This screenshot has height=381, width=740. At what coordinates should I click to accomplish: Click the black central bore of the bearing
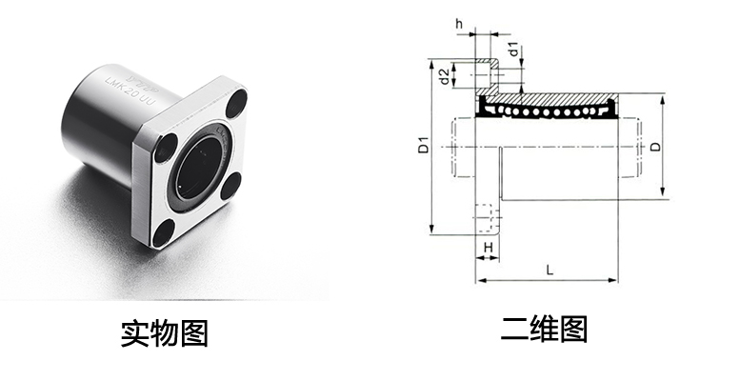(196, 170)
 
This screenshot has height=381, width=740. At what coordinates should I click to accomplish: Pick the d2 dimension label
(444, 74)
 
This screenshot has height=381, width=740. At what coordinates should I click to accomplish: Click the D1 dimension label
(425, 148)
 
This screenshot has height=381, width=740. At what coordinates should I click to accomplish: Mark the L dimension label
(550, 269)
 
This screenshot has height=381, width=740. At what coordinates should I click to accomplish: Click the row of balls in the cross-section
(548, 111)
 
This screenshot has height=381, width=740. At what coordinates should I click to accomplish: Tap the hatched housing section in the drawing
(562, 98)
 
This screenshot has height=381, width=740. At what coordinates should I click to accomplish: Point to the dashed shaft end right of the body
(631, 149)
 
